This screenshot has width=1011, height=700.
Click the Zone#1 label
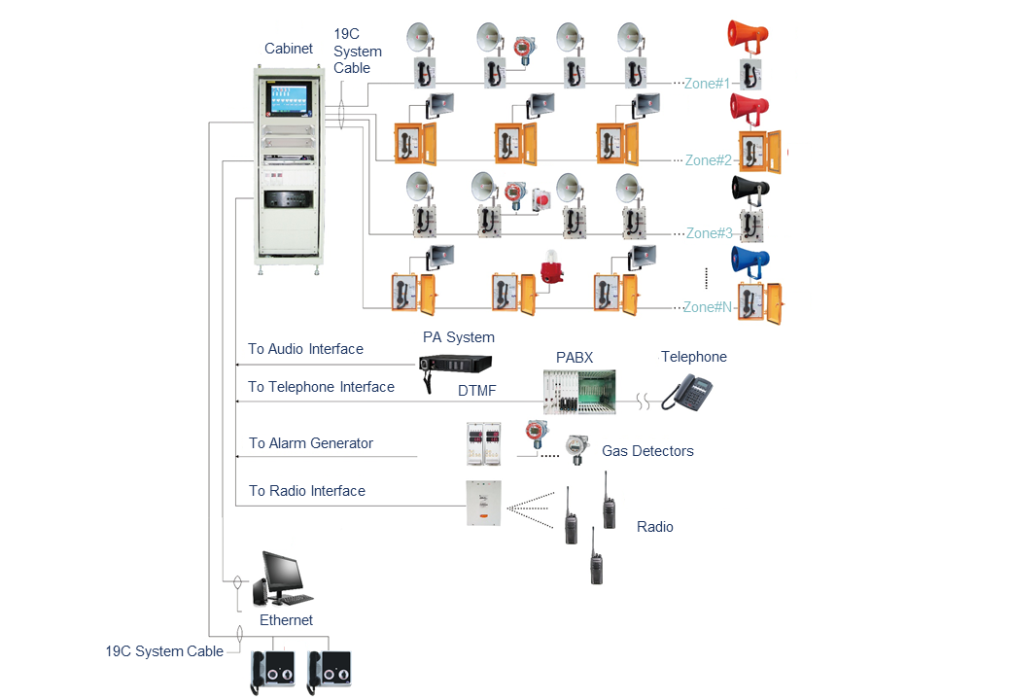click(708, 84)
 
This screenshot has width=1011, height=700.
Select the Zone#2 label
click(709, 160)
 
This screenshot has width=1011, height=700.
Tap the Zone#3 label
click(709, 233)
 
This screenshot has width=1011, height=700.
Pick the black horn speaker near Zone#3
click(750, 188)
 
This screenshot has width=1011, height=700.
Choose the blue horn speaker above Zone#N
click(750, 260)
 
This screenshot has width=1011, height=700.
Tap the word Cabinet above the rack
click(289, 49)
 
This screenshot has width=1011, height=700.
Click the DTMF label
click(478, 392)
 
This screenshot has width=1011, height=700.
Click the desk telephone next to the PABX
click(688, 392)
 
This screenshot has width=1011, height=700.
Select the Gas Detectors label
click(647, 451)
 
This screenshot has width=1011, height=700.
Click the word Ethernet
click(286, 620)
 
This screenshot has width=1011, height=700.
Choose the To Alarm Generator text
click(311, 443)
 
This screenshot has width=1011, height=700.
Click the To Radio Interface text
click(307, 491)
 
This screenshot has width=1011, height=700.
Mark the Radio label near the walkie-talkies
click(655, 527)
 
